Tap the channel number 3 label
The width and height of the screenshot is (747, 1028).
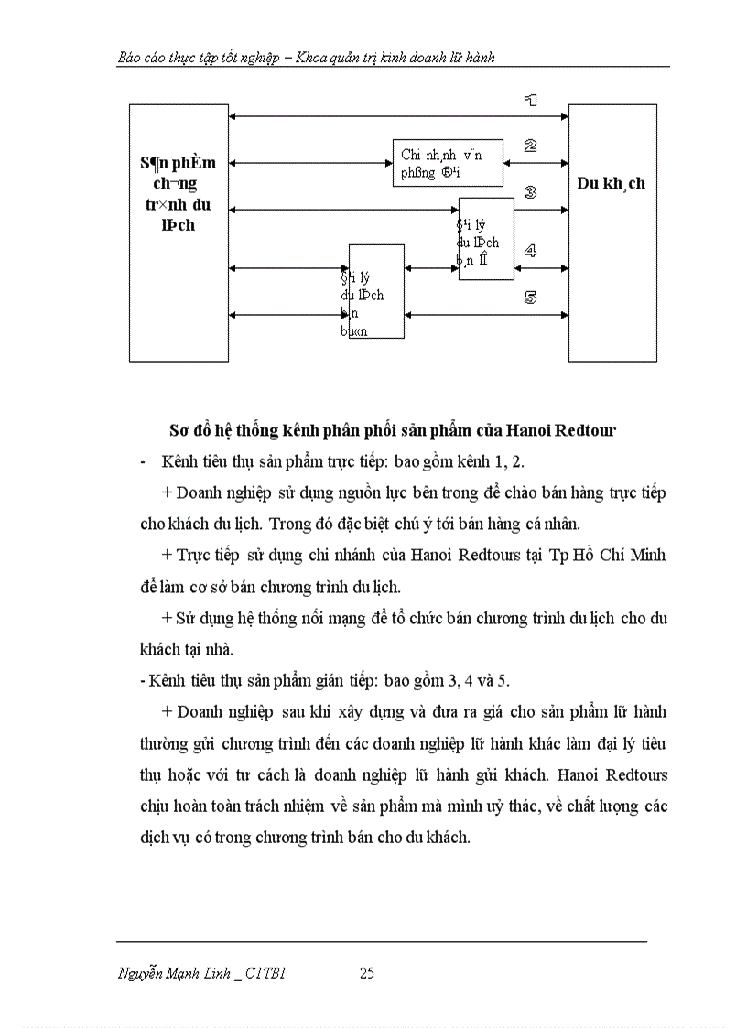[530, 192]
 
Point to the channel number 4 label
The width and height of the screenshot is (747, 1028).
[530, 250]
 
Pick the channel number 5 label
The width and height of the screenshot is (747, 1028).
[530, 298]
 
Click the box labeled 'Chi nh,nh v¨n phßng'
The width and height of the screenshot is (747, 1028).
[448, 163]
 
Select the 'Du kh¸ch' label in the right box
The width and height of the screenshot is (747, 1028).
[611, 183]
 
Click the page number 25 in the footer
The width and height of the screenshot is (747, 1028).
[366, 973]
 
